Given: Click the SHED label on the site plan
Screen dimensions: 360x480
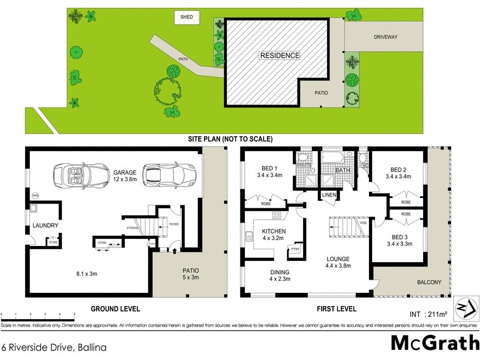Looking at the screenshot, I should pyautogui.click(x=187, y=17).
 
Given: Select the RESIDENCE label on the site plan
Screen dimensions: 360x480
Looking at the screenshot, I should pyautogui.click(x=279, y=55).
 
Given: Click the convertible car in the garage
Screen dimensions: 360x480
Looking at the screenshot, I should pyautogui.click(x=75, y=175).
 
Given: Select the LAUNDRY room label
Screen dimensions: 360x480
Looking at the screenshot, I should pyautogui.click(x=45, y=226).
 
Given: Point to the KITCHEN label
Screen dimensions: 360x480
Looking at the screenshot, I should pyautogui.click(x=274, y=234).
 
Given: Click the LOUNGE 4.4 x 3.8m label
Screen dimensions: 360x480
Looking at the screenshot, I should pyautogui.click(x=338, y=263).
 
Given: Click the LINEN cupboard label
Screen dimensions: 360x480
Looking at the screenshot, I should pyautogui.click(x=328, y=196).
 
